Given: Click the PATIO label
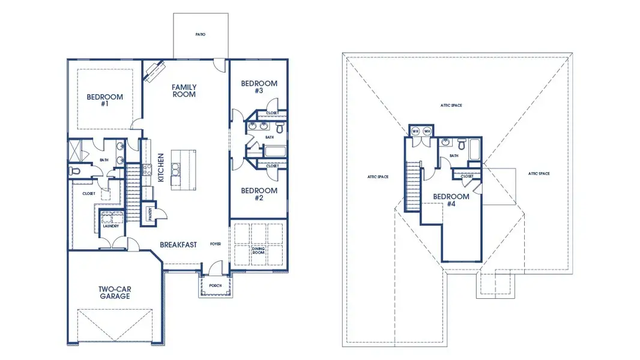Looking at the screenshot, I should tap(201, 34).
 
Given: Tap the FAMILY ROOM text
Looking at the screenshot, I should tap(184, 91).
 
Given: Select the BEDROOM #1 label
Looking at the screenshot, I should tap(105, 100).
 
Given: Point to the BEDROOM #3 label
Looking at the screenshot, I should tap(259, 87).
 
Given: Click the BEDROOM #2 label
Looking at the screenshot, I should tap(259, 194).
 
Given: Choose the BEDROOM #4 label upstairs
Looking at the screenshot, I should tap(451, 200).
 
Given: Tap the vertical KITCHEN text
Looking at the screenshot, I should tap(161, 167).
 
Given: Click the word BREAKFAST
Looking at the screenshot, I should tap(178, 245).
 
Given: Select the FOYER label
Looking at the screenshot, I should tap(216, 244).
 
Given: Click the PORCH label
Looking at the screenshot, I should tap(215, 286).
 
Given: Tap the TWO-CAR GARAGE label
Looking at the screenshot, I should tap(115, 292).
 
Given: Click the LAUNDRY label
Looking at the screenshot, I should tap(110, 226).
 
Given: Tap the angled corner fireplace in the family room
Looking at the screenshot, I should tap(154, 70).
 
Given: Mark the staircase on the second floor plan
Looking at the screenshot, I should tap(412, 186).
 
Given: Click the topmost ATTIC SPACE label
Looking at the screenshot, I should tap(451, 105).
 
